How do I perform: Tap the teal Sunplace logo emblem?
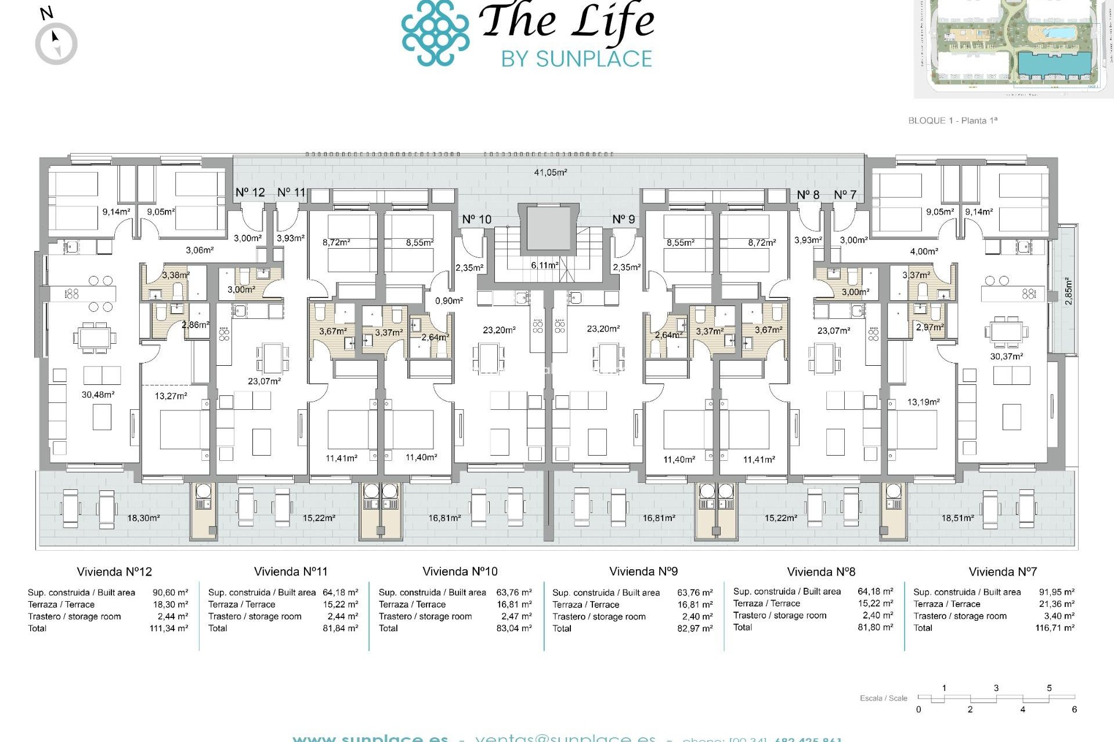[435, 33]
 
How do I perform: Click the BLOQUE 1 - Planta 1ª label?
[952, 121]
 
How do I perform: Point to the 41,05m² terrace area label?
[550, 172]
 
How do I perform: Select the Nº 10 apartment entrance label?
[476, 219]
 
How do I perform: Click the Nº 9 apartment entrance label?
[623, 219]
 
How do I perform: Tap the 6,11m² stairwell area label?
[544, 265]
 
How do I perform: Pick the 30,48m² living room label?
[97, 395]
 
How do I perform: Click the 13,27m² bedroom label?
[171, 396]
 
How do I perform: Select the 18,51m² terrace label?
[957, 518]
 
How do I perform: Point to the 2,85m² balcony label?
[1069, 292]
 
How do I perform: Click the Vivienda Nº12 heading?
[114, 572]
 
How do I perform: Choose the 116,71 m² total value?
[1054, 628]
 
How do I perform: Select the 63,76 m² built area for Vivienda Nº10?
[513, 592]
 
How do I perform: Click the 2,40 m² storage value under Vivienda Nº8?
[877, 615]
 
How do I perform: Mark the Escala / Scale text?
[883, 698]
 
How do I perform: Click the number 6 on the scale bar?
[1074, 710]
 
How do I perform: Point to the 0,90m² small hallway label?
[449, 301]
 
